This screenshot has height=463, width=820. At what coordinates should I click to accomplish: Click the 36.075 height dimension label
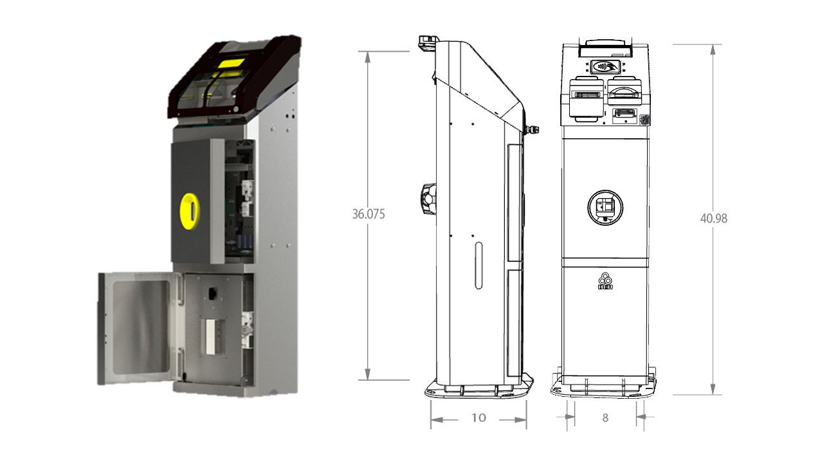(368, 215)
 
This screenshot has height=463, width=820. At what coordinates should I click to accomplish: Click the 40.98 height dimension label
(713, 219)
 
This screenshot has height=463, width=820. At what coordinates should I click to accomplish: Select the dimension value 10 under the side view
(478, 418)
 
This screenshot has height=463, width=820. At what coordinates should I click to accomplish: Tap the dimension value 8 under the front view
(605, 418)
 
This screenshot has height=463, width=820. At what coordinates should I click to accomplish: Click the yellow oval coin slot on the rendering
(190, 210)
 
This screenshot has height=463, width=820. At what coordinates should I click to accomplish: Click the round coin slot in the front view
(605, 207)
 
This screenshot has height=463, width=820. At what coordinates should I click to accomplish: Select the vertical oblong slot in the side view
(478, 265)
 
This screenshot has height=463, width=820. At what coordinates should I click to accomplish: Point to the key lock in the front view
(646, 120)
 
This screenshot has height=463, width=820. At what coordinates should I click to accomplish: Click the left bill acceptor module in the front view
(586, 96)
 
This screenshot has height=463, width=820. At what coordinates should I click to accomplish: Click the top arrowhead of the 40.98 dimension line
(713, 49)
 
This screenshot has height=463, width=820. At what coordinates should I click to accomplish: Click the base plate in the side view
(478, 388)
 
